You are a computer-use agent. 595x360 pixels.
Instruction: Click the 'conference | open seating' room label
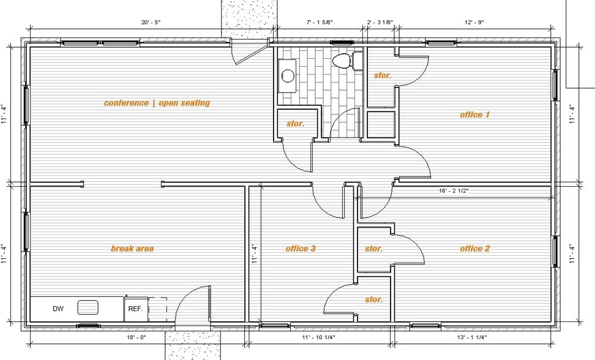click(x=157, y=103)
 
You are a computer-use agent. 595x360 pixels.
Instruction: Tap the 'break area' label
click(x=132, y=249)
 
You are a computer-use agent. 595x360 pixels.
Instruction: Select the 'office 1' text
click(x=475, y=114)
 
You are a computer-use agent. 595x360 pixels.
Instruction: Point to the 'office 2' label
click(x=475, y=249)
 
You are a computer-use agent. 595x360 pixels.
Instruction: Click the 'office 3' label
click(x=301, y=249)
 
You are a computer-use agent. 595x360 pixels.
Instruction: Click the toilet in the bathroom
click(x=343, y=61)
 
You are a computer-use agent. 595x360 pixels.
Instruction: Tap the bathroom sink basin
click(x=288, y=76)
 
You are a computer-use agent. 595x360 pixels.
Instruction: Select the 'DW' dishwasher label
click(x=58, y=309)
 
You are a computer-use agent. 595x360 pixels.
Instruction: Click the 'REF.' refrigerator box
click(x=135, y=309)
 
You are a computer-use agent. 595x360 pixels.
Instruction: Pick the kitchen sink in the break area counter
click(x=88, y=307)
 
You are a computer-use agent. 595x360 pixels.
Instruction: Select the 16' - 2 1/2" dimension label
click(x=454, y=191)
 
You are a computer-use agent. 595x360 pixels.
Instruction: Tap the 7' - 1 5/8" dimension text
click(x=319, y=23)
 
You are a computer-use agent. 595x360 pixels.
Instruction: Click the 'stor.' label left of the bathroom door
click(x=296, y=124)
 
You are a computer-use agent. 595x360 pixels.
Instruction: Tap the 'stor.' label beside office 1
click(x=383, y=75)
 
